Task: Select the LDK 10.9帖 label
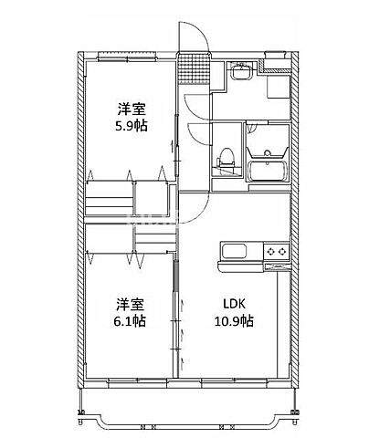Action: pyautogui.click(x=233, y=312)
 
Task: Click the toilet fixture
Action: pyautogui.click(x=223, y=162)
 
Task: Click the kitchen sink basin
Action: pyautogui.click(x=233, y=252)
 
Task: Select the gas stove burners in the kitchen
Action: pyautogui.click(x=276, y=251)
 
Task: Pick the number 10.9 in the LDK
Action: pyautogui.click(x=227, y=321)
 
